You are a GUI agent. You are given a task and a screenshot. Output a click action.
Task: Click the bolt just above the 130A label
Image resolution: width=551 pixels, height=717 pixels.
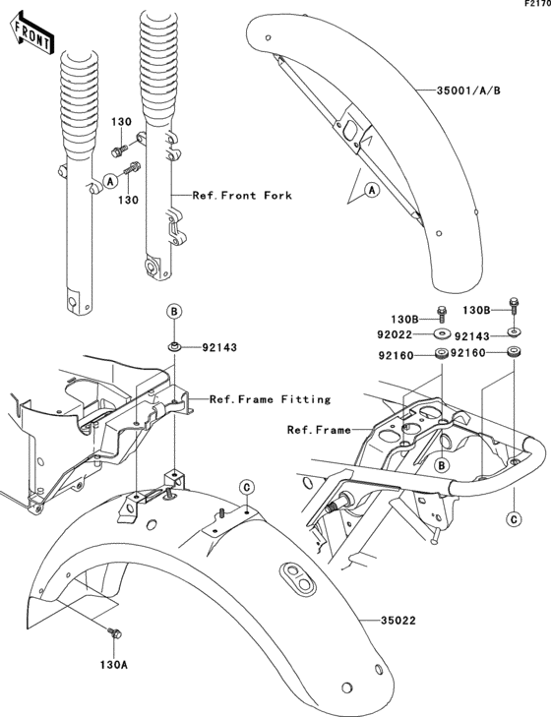[x=113, y=635]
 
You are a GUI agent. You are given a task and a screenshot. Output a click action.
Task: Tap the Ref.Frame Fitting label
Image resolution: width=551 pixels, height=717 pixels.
[x=270, y=399]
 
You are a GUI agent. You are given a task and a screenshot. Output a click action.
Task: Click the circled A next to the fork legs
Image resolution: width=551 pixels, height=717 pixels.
[x=111, y=181]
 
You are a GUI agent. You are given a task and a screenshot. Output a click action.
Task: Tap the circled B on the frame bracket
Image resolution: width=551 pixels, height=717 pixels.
[x=442, y=464]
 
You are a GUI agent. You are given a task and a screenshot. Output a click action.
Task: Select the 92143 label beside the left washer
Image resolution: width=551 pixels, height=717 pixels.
[x=221, y=347]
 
